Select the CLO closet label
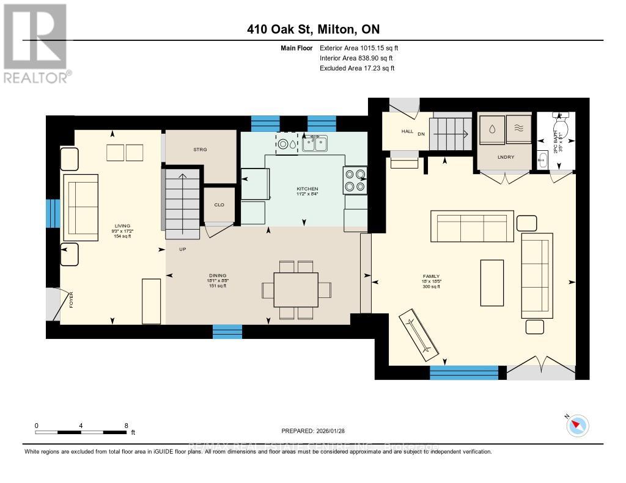pos(218,205)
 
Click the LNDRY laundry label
pos(505,157)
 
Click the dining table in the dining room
pos(296,289)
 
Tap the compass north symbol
pos(577,425)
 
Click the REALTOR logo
pos(36,43)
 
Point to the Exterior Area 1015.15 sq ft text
pos(359,48)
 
